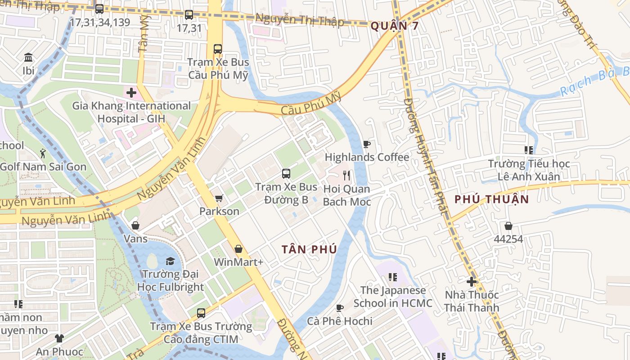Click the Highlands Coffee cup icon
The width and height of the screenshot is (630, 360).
366,144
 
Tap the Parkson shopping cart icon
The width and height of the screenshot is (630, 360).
219,198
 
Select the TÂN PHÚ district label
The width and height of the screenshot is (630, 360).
309,249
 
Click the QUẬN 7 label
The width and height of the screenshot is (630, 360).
395,26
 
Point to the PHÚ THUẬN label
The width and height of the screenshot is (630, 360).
491,199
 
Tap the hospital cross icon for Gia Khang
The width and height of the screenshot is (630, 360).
131,93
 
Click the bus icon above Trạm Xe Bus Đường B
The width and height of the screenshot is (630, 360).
286,173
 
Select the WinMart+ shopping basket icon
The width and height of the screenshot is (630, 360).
238,249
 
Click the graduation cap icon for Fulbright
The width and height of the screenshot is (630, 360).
170,261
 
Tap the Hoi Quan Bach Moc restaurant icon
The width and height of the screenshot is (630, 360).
346,175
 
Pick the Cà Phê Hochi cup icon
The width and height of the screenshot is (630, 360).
340,308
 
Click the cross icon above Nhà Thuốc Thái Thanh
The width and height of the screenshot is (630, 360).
472,282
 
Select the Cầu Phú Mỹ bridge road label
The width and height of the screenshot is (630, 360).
310,104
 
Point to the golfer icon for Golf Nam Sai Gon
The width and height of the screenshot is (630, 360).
43,153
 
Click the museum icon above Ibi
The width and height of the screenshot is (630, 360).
28,58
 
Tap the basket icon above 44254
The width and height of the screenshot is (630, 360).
508,226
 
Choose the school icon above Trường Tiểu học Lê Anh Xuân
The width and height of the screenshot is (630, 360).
529,150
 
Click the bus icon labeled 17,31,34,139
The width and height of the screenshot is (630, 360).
99,9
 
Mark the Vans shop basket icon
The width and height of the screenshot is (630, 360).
135,225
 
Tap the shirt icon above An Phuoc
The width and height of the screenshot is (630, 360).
59,338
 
